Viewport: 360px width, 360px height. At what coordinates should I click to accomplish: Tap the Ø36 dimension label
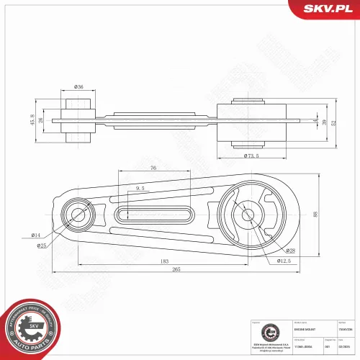(79, 87)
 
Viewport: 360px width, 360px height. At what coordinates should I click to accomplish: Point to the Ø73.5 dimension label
(251, 156)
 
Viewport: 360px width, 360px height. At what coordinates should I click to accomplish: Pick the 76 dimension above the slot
(153, 168)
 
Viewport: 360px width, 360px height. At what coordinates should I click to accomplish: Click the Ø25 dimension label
(42, 246)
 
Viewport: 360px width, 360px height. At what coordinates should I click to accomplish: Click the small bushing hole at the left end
(76, 214)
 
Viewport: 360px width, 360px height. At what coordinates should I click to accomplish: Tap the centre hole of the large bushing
(246, 213)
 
